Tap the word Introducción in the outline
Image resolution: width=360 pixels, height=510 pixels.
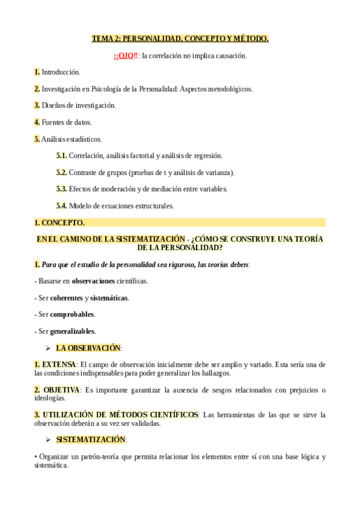61,72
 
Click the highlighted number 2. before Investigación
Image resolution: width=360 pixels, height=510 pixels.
37,89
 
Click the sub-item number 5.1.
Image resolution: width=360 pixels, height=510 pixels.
61,156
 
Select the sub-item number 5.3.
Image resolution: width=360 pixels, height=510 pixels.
61,189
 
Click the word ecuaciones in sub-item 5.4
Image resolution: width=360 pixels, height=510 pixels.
120,206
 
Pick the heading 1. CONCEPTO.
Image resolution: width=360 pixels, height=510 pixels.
59,223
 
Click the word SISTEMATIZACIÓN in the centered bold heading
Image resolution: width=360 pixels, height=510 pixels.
145,239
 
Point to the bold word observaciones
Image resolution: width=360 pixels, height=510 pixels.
96,281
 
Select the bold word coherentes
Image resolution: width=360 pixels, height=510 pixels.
66,298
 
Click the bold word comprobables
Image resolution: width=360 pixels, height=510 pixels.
72,315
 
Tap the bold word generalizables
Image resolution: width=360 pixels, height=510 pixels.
72,331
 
